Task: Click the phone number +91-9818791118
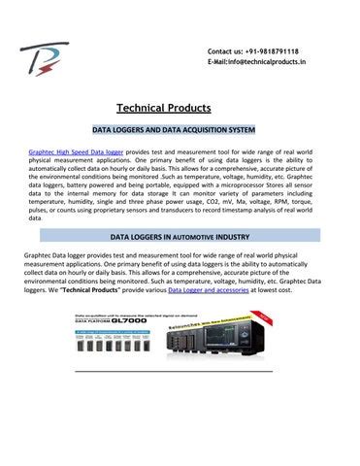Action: [272, 50]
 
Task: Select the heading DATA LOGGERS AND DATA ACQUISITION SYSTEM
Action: [180, 129]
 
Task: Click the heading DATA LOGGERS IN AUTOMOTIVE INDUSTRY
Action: [180, 236]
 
